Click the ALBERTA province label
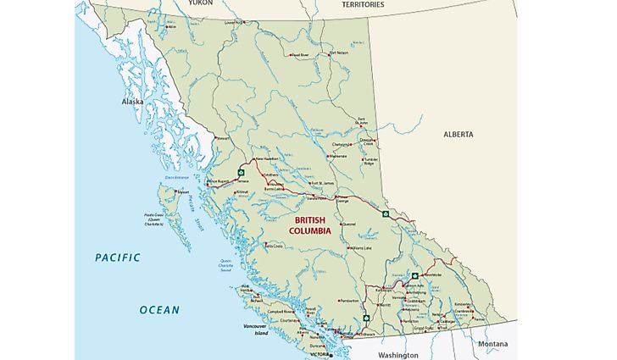click(x=459, y=134)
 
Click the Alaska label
click(x=132, y=102)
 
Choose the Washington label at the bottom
click(x=397, y=355)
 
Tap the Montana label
click(x=492, y=344)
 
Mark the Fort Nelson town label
click(x=338, y=53)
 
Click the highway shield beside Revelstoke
click(x=414, y=275)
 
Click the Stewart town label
click(x=222, y=137)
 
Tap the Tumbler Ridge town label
click(x=374, y=161)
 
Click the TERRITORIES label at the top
click(x=363, y=4)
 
